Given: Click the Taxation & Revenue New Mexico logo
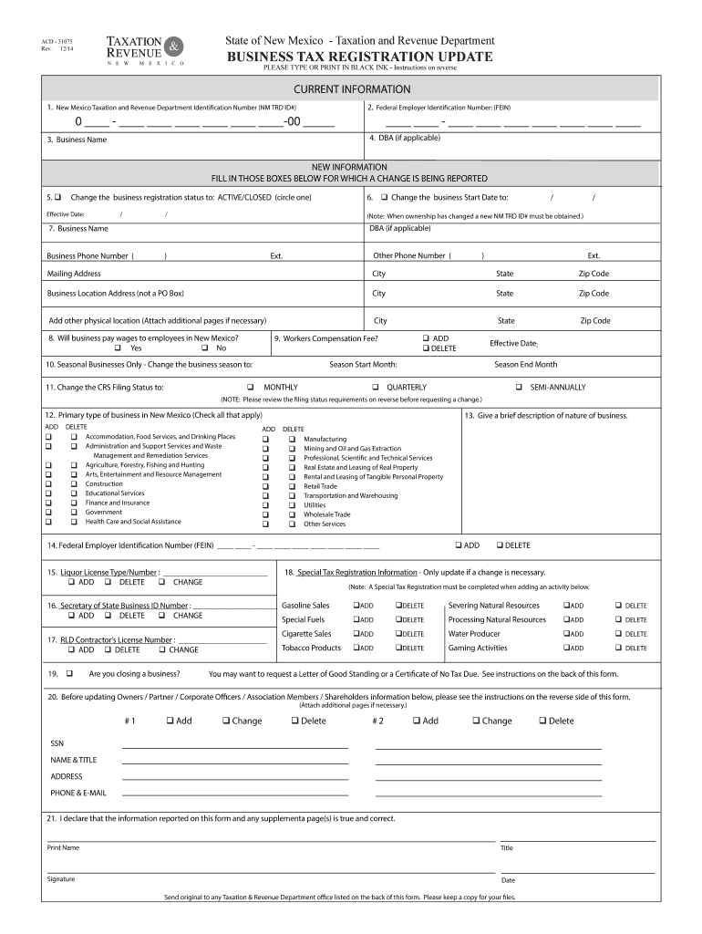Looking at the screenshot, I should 146,50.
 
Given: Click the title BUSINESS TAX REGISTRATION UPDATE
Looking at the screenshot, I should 360,57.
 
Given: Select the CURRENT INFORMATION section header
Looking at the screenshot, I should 351,89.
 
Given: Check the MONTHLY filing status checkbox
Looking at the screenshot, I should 250,388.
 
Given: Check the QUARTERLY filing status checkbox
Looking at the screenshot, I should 376,388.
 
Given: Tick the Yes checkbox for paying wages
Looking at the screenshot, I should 118,348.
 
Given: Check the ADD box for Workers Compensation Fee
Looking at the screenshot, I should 425,337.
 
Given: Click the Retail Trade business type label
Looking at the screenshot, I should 320,486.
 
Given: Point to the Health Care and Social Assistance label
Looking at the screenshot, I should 133,522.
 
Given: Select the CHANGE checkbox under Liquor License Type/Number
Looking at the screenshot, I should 161,582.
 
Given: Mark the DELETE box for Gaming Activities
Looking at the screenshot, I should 617,648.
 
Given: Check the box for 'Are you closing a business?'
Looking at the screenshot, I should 69,673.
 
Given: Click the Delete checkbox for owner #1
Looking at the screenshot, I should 294,721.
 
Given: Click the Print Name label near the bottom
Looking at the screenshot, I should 63,847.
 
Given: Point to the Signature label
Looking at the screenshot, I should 61,879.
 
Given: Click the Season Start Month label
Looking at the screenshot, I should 363,364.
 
